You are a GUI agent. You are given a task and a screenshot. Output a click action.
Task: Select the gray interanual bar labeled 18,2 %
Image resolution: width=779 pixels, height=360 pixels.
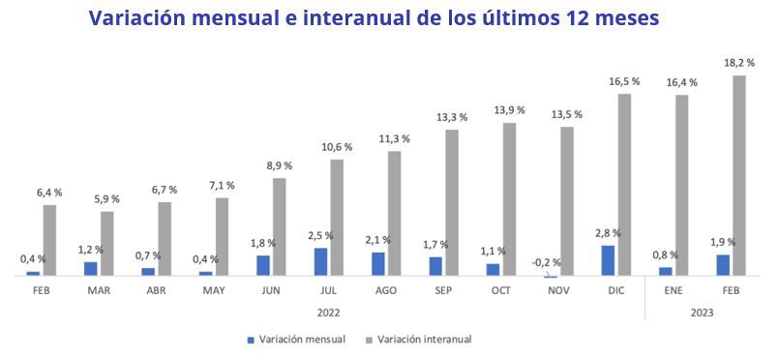click(738, 175)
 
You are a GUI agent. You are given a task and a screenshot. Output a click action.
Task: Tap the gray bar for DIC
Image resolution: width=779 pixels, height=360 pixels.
click(624, 184)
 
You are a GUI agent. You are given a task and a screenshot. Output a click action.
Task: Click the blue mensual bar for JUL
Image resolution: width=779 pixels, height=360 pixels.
click(320, 261)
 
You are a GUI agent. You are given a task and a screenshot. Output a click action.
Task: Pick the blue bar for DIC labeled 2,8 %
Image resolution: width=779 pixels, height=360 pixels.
click(608, 259)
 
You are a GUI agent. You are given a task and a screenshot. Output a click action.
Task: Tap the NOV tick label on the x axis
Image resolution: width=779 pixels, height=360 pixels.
click(557, 289)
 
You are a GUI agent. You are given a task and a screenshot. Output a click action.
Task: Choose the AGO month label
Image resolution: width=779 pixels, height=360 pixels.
click(385, 289)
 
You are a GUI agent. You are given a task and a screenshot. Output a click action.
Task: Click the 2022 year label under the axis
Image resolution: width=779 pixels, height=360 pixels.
click(328, 313)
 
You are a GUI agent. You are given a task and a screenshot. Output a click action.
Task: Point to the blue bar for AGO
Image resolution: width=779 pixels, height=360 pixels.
click(378, 263)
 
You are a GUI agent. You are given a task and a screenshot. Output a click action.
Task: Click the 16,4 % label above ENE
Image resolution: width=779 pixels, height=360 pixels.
click(681, 82)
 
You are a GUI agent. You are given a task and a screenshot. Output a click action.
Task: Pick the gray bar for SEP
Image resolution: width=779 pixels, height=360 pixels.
click(452, 202)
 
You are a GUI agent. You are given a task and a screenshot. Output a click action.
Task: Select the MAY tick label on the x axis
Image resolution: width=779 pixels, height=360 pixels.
click(213, 289)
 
